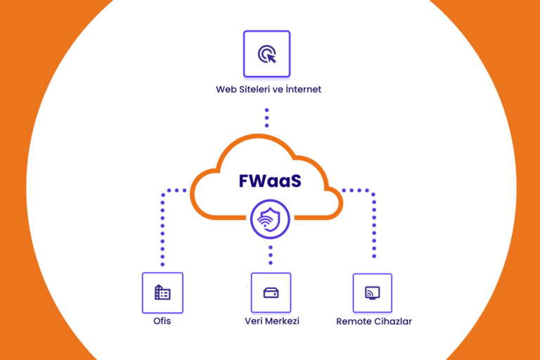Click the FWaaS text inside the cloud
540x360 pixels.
click(x=269, y=181)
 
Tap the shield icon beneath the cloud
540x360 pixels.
click(x=270, y=219)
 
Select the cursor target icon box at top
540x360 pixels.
click(x=266, y=53)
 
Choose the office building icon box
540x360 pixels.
click(x=162, y=292)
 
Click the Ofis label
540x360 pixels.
click(x=162, y=321)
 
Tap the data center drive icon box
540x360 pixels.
click(x=271, y=292)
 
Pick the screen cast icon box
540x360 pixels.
click(x=372, y=292)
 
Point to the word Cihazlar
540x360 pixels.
click(x=394, y=321)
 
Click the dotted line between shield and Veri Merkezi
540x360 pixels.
click(x=271, y=255)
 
